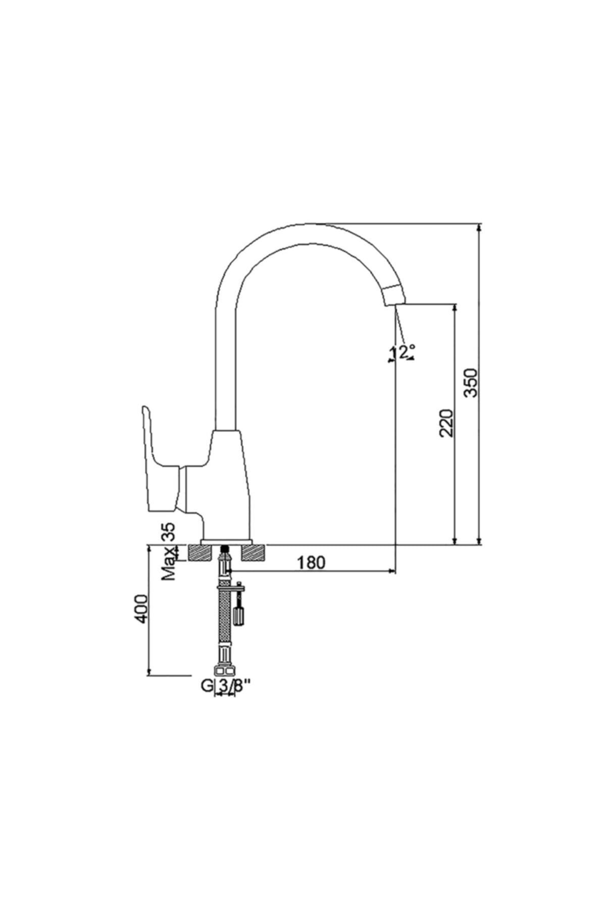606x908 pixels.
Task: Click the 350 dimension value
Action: coord(470,382)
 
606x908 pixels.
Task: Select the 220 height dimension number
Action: coord(447,423)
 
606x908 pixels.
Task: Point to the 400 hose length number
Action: coord(141,609)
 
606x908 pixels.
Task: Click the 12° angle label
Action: coord(402,352)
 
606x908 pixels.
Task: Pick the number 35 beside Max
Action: coord(169,532)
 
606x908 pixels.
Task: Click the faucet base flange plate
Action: coord(226,542)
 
